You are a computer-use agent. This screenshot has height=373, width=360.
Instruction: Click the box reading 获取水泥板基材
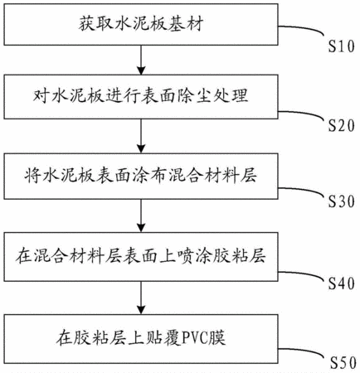click(x=141, y=24)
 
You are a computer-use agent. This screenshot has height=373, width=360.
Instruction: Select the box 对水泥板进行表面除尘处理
click(x=141, y=97)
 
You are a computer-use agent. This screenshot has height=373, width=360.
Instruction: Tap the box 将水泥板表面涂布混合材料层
click(x=141, y=176)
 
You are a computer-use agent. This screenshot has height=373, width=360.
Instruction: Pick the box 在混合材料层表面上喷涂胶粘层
click(x=141, y=257)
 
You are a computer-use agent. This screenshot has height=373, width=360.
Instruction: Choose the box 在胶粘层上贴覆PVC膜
click(x=141, y=339)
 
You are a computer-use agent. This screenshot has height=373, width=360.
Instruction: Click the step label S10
click(x=341, y=46)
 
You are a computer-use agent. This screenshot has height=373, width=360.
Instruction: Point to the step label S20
click(x=341, y=126)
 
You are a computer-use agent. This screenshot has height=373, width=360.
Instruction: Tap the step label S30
click(x=341, y=201)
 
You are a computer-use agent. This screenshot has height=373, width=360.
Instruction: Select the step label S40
click(x=341, y=283)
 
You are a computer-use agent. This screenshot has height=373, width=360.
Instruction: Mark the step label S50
click(x=343, y=363)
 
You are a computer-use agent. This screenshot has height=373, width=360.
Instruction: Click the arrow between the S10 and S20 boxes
click(x=141, y=60)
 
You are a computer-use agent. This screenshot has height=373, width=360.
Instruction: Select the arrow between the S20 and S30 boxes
click(x=141, y=136)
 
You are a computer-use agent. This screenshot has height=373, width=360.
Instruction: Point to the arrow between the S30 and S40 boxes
click(x=141, y=216)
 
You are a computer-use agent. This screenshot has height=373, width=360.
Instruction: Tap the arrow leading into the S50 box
click(x=141, y=298)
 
